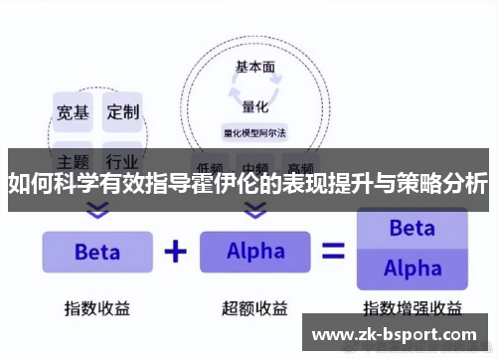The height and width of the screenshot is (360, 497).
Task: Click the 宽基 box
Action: pos(72,112)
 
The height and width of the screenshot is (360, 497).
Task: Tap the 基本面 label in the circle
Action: pos(255,68)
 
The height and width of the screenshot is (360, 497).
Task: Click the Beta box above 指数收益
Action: pos(96,252)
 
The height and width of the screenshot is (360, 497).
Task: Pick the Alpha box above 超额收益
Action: pos(255,252)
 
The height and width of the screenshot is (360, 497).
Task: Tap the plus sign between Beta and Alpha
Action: pos(175,252)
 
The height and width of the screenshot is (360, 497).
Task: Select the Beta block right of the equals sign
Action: pos(412,229)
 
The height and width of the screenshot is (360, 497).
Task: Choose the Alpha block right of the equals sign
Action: pos(412,269)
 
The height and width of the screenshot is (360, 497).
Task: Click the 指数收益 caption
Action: pos(96,307)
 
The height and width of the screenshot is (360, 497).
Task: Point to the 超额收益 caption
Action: pos(255,307)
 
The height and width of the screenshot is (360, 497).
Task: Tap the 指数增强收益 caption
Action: pos(412,307)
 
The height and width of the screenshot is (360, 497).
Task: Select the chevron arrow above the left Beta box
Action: pos(96,211)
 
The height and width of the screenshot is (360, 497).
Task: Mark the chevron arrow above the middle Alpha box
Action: pos(255,211)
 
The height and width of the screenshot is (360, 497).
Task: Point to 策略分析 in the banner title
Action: pos(444,184)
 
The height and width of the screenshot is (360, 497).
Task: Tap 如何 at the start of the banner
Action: pos(28,184)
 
